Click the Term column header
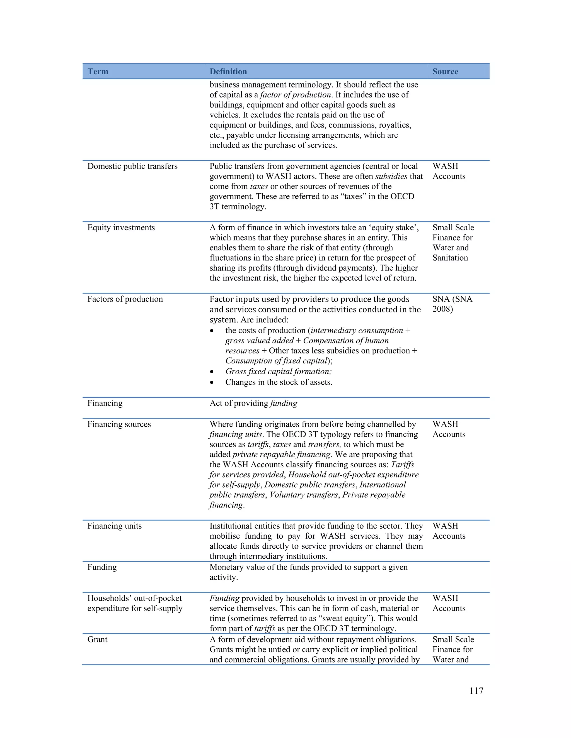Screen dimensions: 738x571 point(98,72)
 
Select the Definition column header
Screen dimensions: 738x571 point(228,72)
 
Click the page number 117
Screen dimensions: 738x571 point(476,691)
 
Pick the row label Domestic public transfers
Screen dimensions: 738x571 point(132,166)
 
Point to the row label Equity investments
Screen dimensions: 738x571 point(121,228)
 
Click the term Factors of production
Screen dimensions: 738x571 point(125,299)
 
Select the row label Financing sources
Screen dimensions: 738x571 point(119,424)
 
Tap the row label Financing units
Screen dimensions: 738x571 point(114,526)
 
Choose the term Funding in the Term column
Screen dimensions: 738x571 point(102,567)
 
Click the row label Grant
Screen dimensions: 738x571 point(97,640)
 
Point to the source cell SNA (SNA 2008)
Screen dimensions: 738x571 point(452,304)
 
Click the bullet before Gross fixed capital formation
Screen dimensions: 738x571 point(212,372)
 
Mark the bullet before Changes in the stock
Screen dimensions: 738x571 point(212,383)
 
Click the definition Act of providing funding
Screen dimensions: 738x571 point(253,404)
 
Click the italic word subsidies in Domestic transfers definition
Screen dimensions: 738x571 point(391,176)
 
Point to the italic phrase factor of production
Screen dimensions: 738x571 point(295,95)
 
